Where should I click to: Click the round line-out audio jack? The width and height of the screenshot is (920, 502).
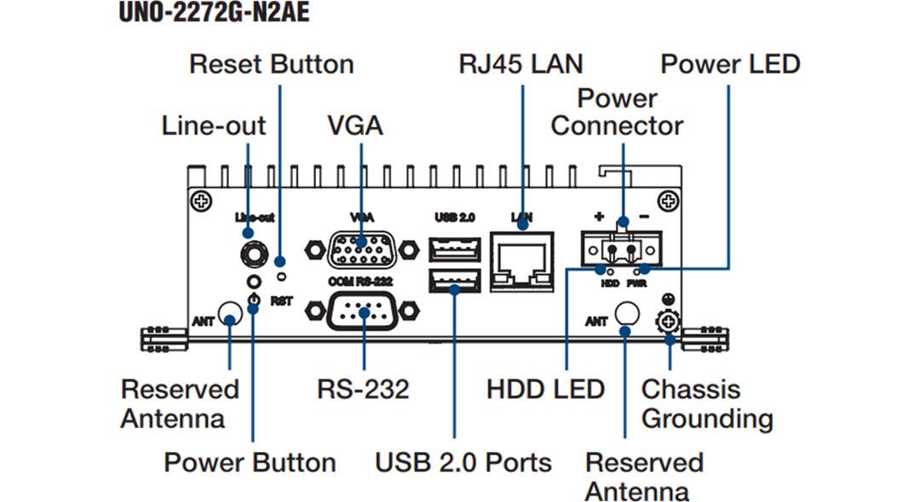pyautogui.click(x=251, y=252)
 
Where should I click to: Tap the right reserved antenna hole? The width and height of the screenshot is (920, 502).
pyautogui.click(x=626, y=315)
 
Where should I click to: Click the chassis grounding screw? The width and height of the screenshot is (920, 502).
pyautogui.click(x=670, y=322)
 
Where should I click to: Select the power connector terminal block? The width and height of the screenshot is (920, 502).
pyautogui.click(x=622, y=248)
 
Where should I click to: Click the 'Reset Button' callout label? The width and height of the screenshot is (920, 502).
pyautogui.click(x=271, y=65)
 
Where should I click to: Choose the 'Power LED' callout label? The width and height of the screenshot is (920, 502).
pyautogui.click(x=730, y=65)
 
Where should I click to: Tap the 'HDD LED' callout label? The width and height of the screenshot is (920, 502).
pyautogui.click(x=545, y=390)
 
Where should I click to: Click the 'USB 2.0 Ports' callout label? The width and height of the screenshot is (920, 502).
pyautogui.click(x=463, y=463)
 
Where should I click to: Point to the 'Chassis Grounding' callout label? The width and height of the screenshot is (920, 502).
pyautogui.click(x=706, y=404)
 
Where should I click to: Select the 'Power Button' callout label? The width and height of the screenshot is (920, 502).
pyautogui.click(x=250, y=463)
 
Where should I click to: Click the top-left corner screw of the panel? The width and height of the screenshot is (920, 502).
pyautogui.click(x=201, y=202)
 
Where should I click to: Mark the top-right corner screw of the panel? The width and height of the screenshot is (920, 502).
pyautogui.click(x=670, y=202)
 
